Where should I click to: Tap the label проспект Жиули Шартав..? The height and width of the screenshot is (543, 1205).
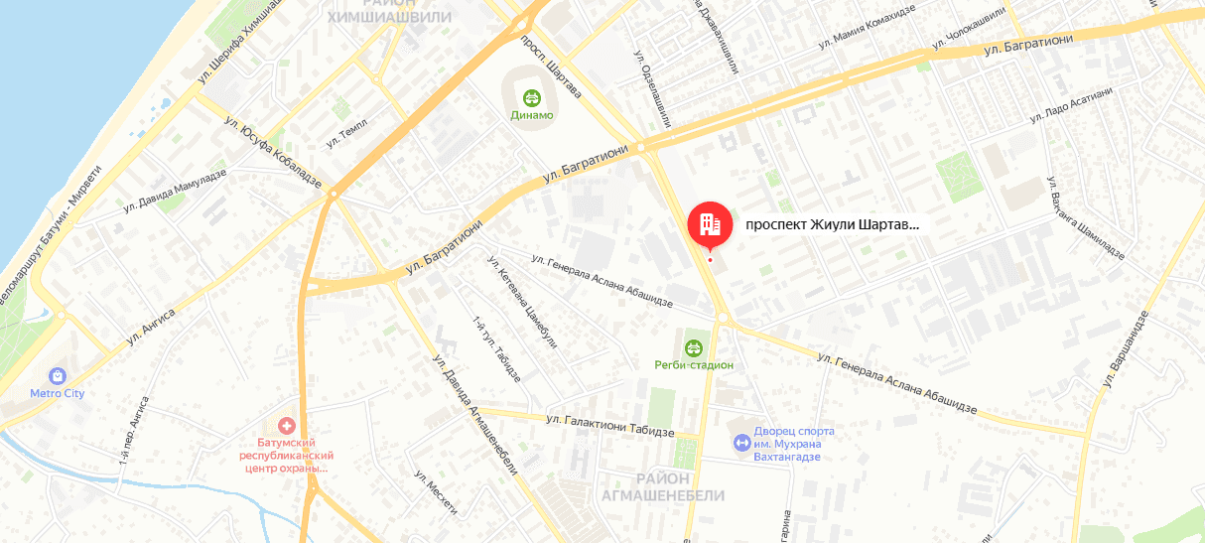pos(832,224)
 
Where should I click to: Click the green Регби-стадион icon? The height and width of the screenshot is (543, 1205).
pos(693,347)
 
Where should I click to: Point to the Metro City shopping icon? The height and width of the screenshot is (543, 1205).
pos(58,376)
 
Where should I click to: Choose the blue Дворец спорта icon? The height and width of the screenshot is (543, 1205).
pos(740,441)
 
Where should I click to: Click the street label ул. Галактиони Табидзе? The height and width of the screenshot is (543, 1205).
pos(609,426)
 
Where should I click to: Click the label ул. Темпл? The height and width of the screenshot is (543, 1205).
pos(346,133)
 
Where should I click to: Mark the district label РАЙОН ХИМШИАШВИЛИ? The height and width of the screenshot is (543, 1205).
pos(389,11)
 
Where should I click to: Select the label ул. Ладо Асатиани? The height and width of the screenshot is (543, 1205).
pos(1071,104)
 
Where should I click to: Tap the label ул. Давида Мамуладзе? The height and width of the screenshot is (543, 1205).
pos(175,190)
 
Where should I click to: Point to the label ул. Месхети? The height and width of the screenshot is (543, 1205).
pos(436,490)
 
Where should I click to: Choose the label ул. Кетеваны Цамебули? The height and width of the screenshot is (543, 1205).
pos(522,307)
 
